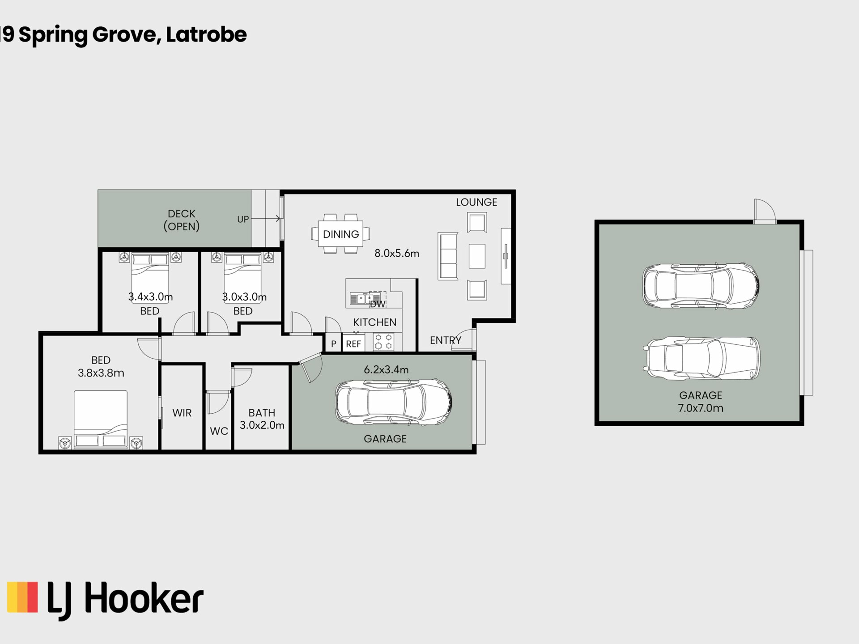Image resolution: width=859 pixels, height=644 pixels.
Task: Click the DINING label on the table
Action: [341, 234]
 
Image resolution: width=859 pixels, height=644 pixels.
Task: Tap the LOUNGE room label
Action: [476, 202]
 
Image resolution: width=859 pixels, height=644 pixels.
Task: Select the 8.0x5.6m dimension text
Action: [397, 253]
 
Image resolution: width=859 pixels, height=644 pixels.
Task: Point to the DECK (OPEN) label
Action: [182, 220]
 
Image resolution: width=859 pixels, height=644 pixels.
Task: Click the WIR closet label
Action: [182, 413]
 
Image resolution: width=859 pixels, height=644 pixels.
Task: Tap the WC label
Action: [219, 431]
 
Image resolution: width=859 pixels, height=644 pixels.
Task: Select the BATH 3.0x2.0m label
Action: [262, 419]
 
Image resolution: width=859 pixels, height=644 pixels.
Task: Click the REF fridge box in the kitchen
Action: [353, 343]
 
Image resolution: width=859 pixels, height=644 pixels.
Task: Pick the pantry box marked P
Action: [333, 343]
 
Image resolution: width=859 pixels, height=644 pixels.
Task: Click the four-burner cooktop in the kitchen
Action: [384, 342]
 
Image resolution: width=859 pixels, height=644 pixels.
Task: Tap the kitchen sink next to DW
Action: [361, 298]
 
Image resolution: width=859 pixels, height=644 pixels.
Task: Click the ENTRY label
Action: [446, 340]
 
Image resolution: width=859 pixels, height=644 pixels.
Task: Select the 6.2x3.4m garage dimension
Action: [386, 369]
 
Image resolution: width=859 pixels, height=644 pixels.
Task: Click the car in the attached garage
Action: [394, 402]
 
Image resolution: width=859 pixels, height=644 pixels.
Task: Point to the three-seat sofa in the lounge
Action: [448, 256]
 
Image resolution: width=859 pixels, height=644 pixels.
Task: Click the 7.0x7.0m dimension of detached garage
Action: [701, 408]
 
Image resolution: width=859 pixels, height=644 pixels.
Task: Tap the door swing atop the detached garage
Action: [765, 210]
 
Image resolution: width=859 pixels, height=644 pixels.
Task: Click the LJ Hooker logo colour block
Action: [23, 597]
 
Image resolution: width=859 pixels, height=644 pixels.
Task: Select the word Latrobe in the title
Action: [206, 34]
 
